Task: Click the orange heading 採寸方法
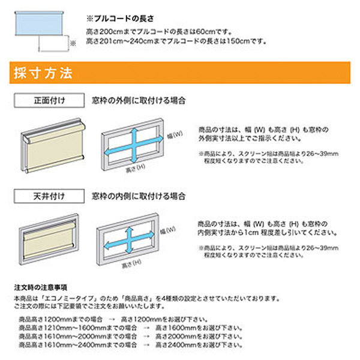click(43, 74)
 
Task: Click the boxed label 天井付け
click(50, 196)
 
